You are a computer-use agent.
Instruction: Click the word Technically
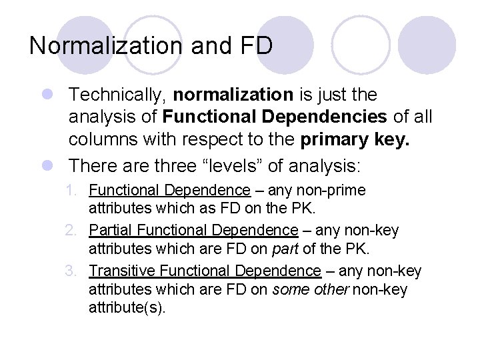click(117, 95)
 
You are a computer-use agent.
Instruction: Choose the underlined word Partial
click(111, 230)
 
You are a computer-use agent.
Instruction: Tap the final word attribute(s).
click(126, 308)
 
